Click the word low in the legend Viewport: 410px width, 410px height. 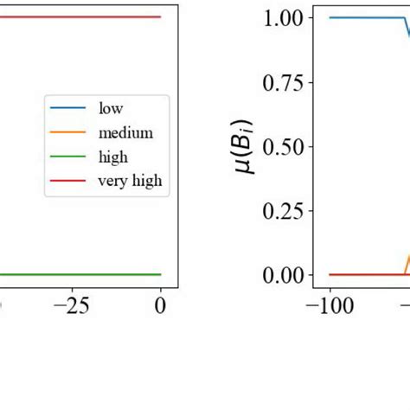coord(112,109)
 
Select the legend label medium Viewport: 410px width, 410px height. coord(125,133)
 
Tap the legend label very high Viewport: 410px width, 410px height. coord(131,181)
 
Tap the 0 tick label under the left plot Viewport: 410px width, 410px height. coord(161,304)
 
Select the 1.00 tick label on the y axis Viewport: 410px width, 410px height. coord(280,18)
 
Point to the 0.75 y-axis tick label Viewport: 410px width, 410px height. coord(280,83)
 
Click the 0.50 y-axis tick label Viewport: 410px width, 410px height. coord(280,147)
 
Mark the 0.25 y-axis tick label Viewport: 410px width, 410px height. coord(280,211)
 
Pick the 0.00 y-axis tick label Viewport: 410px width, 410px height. coord(280,275)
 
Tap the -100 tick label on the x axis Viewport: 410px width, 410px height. coord(330,304)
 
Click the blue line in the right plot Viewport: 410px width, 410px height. coord(363,17)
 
